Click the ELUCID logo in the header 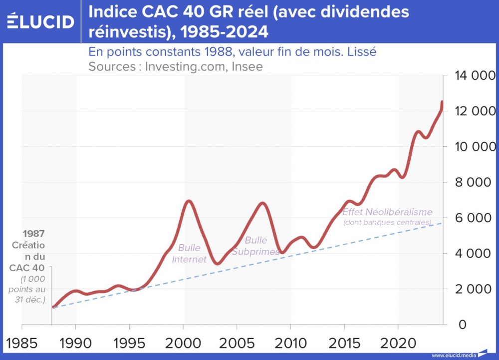click(x=41, y=21)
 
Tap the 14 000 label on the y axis click(x=474, y=76)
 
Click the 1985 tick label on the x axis click(x=22, y=344)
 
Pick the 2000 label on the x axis click(x=183, y=344)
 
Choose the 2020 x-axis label click(x=398, y=344)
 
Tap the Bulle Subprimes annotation click(x=255, y=246)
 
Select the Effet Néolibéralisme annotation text click(x=387, y=212)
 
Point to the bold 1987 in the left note click(x=34, y=234)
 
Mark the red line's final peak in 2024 click(x=442, y=101)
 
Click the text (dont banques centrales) click(x=387, y=222)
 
